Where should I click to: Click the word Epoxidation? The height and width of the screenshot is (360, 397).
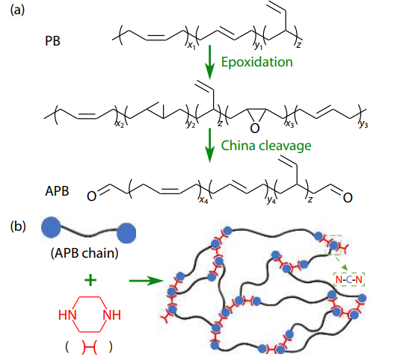(256, 62)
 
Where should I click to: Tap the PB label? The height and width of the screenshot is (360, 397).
(52, 41)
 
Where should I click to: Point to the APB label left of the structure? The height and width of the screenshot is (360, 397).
(57, 190)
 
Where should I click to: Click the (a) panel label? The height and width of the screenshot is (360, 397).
(17, 10)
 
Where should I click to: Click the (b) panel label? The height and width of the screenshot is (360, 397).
(18, 226)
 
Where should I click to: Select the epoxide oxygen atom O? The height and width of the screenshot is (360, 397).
(255, 128)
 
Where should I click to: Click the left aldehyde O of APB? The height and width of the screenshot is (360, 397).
(92, 196)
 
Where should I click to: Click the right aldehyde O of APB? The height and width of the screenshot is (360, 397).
(348, 198)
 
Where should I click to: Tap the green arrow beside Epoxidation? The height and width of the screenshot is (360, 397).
(209, 62)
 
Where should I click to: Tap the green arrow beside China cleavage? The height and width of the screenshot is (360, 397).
(209, 145)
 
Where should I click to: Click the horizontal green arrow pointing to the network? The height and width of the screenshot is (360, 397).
(146, 281)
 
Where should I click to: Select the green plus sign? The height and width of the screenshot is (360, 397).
(90, 280)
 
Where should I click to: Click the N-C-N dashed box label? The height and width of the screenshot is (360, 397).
(349, 279)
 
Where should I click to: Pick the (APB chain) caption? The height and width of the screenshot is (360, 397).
(84, 253)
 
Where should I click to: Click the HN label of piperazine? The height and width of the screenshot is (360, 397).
(67, 315)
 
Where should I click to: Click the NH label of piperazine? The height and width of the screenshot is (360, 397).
(112, 315)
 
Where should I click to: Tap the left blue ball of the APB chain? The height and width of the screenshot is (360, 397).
(51, 227)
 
